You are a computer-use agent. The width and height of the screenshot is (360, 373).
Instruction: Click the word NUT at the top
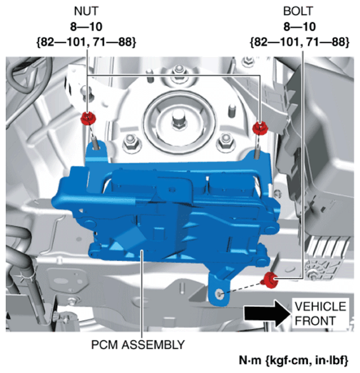coord(86,11)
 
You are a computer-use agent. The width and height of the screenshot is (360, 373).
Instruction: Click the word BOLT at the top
coord(298,11)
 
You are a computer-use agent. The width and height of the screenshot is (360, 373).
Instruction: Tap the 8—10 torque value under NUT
coord(86,27)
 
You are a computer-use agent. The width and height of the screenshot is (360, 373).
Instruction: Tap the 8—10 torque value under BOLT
coord(300,27)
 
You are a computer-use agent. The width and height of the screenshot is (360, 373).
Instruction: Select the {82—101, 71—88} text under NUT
coord(86,42)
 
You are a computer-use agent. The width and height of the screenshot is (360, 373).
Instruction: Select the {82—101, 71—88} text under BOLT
coord(300,42)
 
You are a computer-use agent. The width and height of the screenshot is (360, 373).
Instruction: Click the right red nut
coord(260,128)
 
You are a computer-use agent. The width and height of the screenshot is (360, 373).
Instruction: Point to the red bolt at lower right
coord(269,280)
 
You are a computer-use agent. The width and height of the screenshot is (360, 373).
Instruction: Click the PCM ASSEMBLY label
coord(138,344)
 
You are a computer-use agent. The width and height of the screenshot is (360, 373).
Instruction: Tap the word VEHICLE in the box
coord(320,306)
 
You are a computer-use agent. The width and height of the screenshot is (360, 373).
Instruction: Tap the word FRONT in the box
coord(316,321)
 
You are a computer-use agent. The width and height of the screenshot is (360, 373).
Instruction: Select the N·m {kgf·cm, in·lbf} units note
coord(294,360)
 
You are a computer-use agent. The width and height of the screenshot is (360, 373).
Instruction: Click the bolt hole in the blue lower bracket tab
coord(219,294)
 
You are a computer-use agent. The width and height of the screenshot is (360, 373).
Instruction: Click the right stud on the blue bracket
coord(257,153)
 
